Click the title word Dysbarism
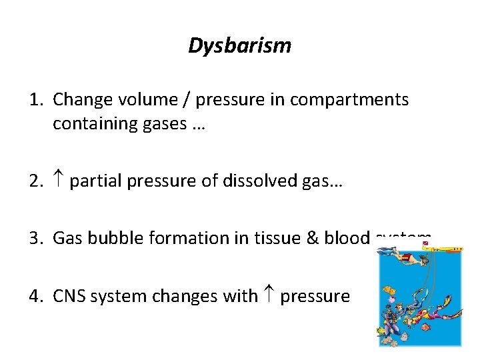(x=239, y=46)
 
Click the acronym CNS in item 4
(x=70, y=294)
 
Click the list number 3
(x=35, y=237)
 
